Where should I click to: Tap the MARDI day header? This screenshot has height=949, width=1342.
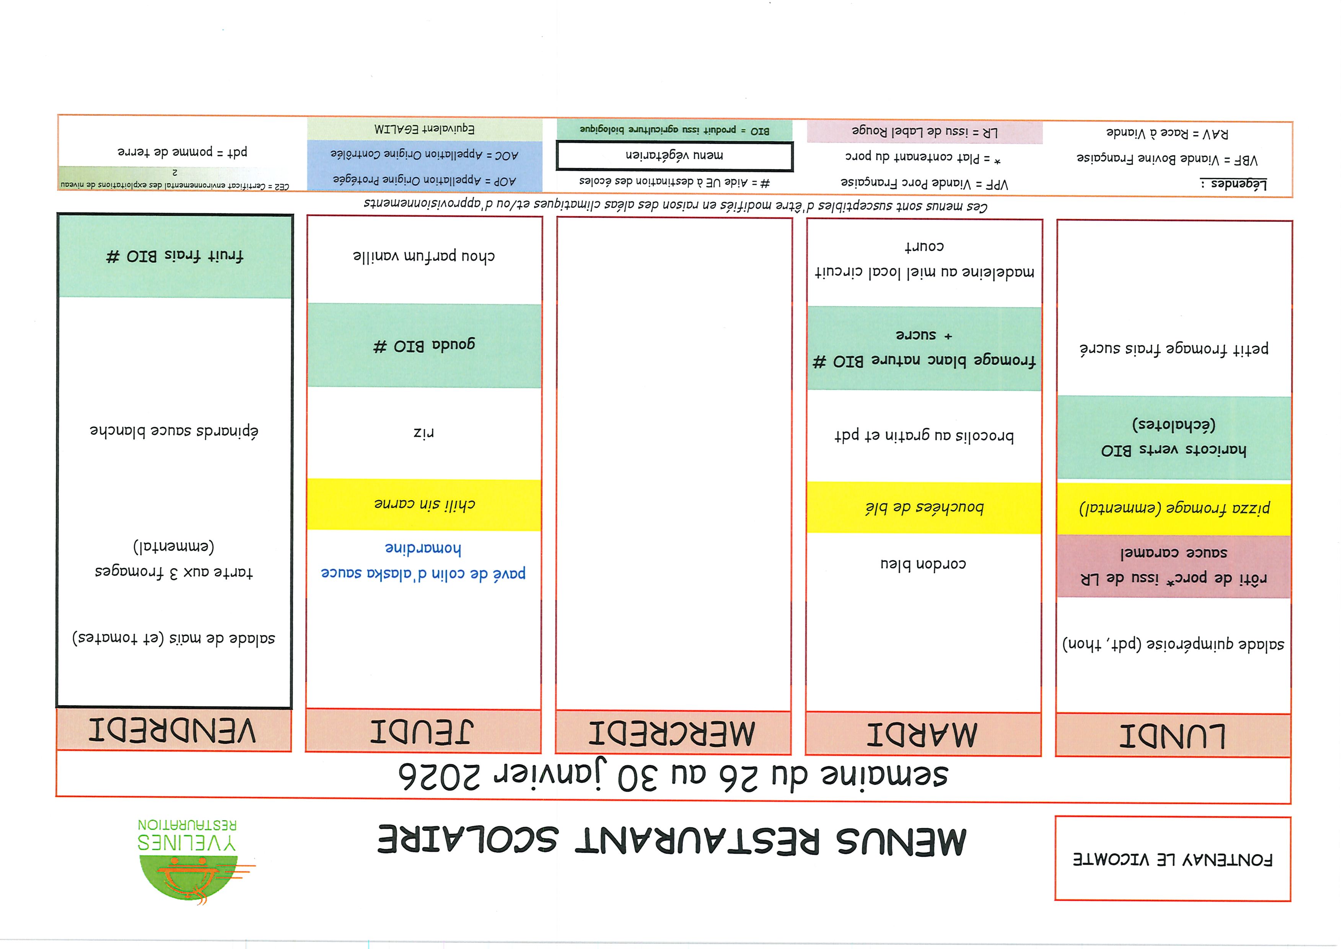(x=923, y=734)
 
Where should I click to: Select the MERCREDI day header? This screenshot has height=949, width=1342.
(x=673, y=733)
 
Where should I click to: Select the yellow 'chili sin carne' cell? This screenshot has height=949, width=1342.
(x=424, y=504)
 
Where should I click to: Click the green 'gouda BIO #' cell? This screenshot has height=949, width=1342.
(x=424, y=346)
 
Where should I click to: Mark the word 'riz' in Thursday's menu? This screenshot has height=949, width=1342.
(x=423, y=433)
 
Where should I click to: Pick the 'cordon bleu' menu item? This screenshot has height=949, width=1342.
(x=923, y=564)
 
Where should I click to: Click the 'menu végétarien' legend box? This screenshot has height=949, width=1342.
(x=674, y=155)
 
